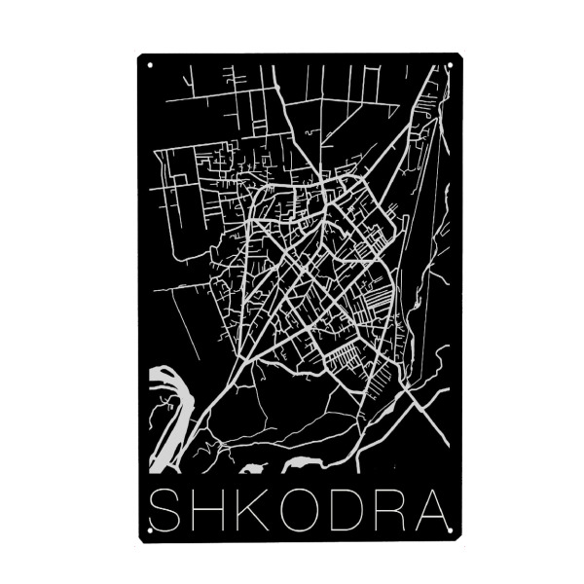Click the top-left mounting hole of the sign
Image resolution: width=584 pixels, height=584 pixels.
pyautogui.click(x=149, y=66)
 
